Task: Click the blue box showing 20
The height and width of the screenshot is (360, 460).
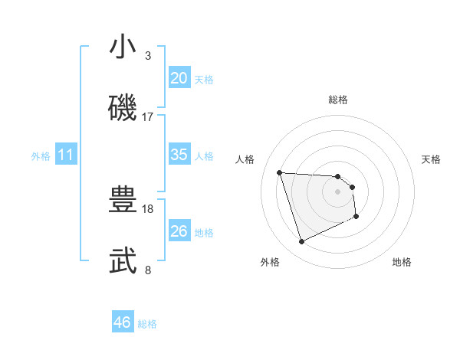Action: click(x=179, y=78)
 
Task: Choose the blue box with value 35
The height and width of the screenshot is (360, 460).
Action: click(x=179, y=155)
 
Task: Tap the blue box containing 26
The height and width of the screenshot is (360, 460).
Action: click(x=179, y=231)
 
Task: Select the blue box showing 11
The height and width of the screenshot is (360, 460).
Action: click(x=65, y=155)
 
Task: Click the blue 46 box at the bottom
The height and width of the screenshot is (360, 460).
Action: click(x=123, y=322)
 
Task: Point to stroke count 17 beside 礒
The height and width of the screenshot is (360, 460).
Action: click(x=148, y=117)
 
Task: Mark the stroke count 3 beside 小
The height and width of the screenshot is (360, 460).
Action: click(x=148, y=56)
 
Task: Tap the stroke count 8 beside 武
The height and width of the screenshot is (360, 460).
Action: click(x=148, y=270)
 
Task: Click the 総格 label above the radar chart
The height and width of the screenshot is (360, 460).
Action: click(x=338, y=100)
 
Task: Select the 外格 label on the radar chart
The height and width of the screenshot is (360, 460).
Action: click(x=270, y=263)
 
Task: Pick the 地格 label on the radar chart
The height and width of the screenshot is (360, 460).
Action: click(x=402, y=263)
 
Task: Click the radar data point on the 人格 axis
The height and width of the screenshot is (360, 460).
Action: click(x=280, y=172)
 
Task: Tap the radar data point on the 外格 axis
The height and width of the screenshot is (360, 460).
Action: click(x=301, y=242)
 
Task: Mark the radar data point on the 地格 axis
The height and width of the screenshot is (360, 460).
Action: click(x=356, y=218)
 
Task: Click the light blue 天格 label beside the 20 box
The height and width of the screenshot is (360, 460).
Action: click(x=204, y=80)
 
